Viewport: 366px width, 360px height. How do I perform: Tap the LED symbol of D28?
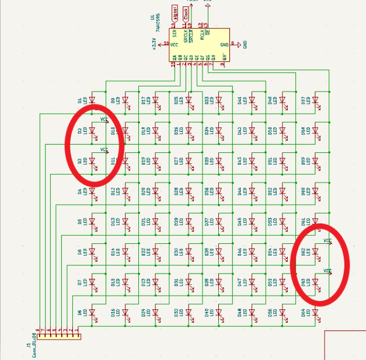coord(188,191)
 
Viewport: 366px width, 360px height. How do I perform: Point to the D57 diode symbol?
coord(316,100)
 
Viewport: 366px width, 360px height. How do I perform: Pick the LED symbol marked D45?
coord(252,160)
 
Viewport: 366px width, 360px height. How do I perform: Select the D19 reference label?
coord(144,160)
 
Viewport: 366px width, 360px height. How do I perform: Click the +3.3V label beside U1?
coord(154,44)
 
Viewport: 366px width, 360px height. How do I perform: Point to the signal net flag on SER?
coord(175,12)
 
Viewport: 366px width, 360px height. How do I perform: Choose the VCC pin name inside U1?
coord(173,44)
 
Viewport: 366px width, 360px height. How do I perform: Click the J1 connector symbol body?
coord(58,336)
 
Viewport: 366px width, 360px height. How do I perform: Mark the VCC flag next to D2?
coord(104,120)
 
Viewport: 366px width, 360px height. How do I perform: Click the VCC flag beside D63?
coord(327,271)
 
